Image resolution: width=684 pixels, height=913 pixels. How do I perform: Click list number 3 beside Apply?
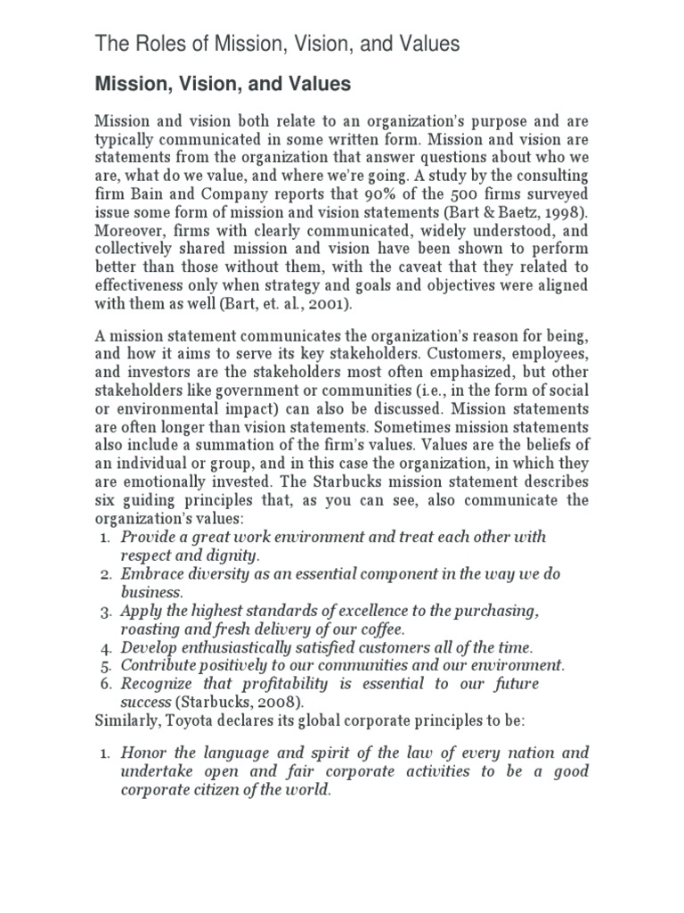(104, 612)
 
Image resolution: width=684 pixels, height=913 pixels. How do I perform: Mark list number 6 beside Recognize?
(104, 684)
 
